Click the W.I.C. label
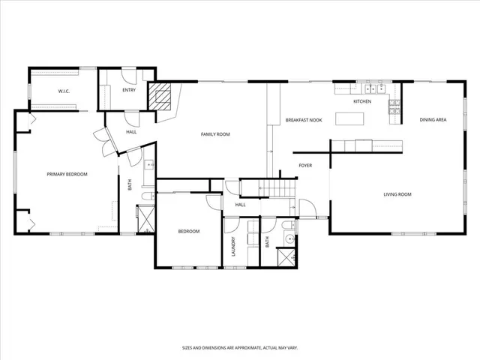point(64,91)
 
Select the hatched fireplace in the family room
point(160,96)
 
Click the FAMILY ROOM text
point(214,134)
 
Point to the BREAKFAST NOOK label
point(303,119)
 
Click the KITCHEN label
point(362,101)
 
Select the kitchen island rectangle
point(349,118)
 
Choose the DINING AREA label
point(433,119)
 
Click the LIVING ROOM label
point(397,194)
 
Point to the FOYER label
point(305,165)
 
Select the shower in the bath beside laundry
point(286,256)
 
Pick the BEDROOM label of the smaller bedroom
point(188,231)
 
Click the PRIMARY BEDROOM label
point(67,174)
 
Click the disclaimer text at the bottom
point(239,347)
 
